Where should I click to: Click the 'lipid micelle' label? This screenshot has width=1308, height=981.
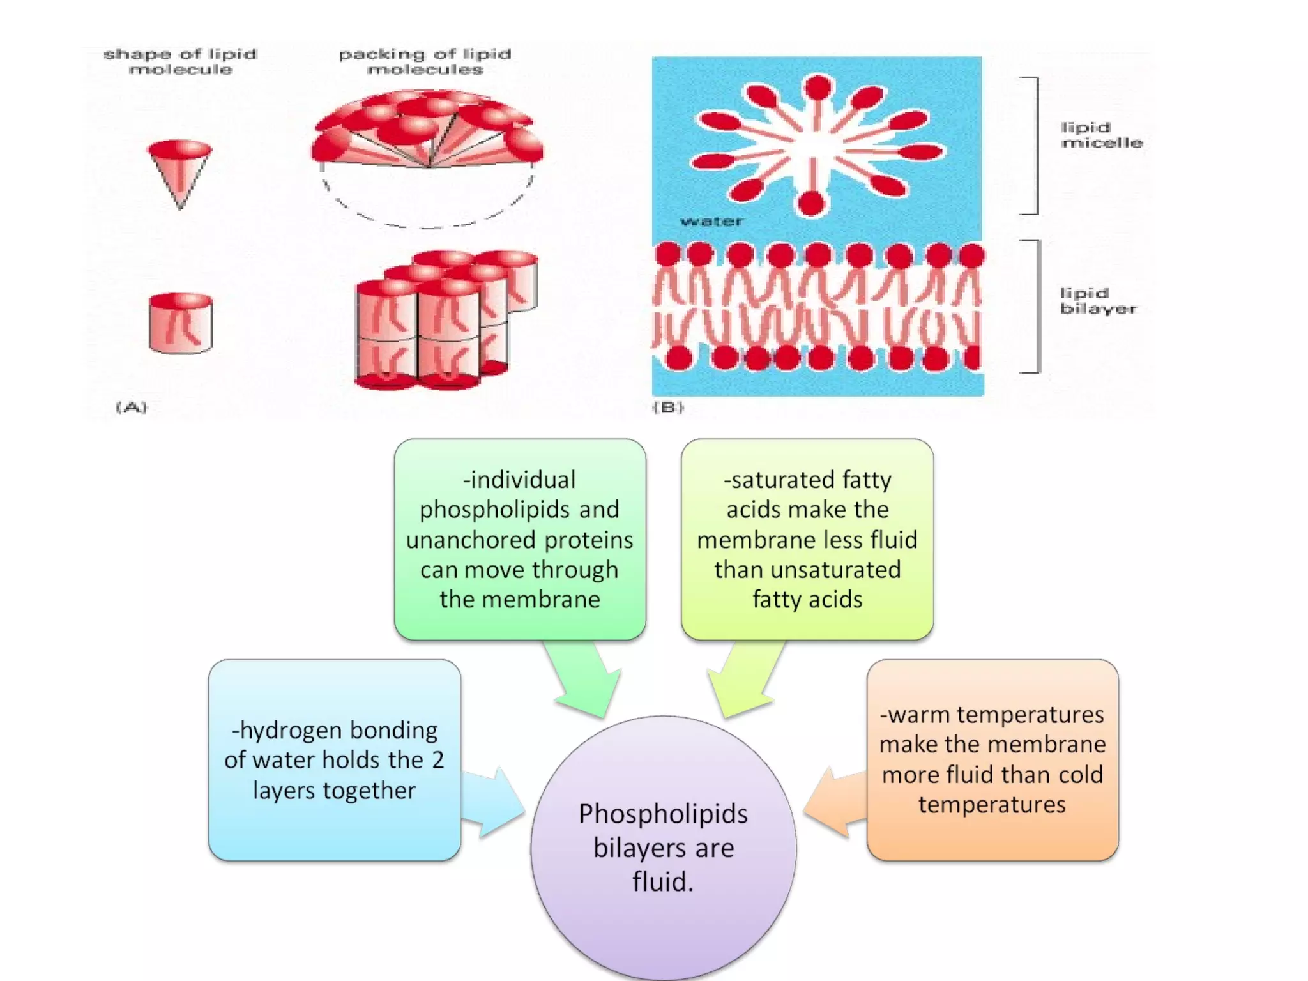(x=1101, y=135)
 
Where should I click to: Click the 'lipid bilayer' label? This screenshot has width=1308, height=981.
(x=1098, y=301)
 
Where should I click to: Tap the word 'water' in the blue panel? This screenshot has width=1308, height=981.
(x=711, y=222)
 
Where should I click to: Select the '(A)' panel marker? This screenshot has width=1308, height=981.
(x=132, y=407)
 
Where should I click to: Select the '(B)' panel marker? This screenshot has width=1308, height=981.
(x=668, y=407)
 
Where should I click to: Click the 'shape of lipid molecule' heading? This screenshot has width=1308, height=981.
(x=181, y=61)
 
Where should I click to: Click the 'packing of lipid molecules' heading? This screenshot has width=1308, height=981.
(x=425, y=61)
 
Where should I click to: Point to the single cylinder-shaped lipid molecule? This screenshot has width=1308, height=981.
(x=181, y=323)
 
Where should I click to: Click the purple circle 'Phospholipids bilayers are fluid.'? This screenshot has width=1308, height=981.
(x=663, y=847)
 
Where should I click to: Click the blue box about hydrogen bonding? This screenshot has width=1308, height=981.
(x=334, y=760)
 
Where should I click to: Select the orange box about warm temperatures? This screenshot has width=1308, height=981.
(x=992, y=760)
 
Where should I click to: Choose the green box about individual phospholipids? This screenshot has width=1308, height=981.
(x=519, y=539)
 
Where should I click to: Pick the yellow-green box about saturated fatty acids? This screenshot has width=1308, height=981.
(x=807, y=539)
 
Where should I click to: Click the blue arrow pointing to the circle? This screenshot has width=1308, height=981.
(x=492, y=802)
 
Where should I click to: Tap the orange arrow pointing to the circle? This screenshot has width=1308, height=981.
(x=833, y=802)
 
